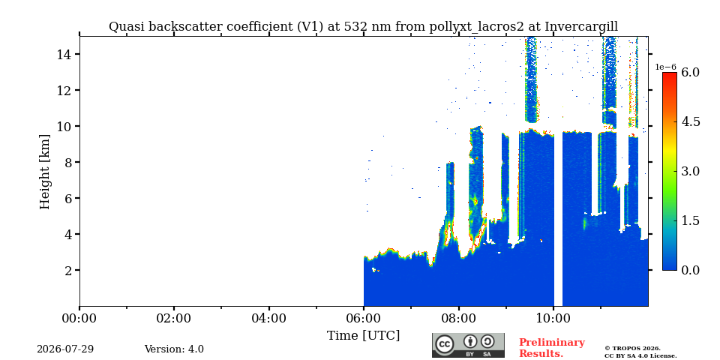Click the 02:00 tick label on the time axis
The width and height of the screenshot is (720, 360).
click(174, 318)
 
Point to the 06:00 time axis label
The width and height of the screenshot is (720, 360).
click(364, 318)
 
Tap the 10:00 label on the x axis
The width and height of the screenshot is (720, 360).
click(553, 318)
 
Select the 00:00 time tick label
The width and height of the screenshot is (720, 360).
click(79, 318)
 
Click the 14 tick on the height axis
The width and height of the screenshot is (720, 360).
click(62, 55)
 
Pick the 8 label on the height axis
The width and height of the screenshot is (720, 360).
click(66, 163)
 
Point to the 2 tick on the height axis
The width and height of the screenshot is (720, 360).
click(66, 271)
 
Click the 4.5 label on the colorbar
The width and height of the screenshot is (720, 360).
click(690, 121)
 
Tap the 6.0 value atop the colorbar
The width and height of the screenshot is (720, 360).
click(690, 72)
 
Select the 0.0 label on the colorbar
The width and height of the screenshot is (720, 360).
click(690, 270)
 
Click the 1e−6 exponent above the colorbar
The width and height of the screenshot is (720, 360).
click(666, 67)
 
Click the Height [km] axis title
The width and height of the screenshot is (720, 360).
click(44, 172)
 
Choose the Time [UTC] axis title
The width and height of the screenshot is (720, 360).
click(363, 336)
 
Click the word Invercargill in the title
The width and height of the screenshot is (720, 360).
click(581, 27)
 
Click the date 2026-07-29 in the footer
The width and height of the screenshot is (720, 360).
click(65, 349)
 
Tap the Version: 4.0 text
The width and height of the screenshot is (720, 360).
click(174, 349)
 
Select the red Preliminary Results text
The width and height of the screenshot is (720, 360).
click(552, 348)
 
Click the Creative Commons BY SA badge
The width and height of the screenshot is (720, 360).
click(468, 345)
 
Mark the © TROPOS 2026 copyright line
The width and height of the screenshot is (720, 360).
click(632, 349)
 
